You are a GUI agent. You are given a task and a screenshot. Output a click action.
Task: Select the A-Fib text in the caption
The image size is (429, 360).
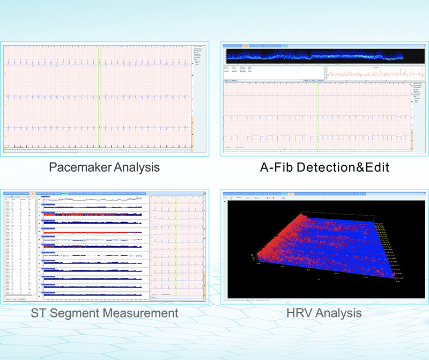click(x=276, y=167)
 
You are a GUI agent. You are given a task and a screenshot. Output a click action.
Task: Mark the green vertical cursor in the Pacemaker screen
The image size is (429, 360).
click(x=99, y=97)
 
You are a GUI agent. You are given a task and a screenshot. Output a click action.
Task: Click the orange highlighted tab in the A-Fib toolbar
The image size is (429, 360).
click(x=246, y=46)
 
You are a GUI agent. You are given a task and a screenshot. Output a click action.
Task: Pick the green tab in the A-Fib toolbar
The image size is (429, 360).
click(x=284, y=46)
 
